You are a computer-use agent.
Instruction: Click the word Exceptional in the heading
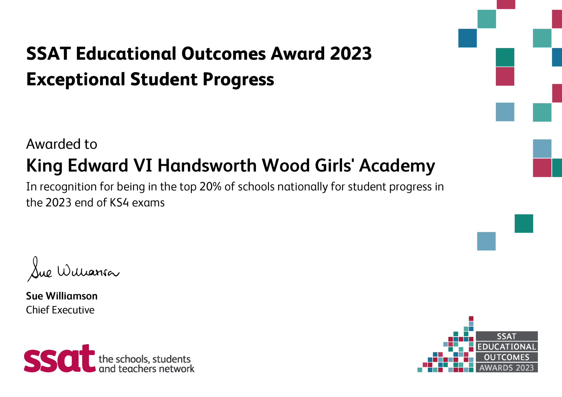coord(75,79)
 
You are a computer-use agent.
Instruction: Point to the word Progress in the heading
coord(238,79)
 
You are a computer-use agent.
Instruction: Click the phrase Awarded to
coord(61,144)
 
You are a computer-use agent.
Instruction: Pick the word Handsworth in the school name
coord(207,166)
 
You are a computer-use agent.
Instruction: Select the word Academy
coord(397,166)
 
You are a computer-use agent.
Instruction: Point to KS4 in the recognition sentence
coord(119,203)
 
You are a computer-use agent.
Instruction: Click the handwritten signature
coord(73,270)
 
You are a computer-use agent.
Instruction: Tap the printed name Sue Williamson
coord(62,296)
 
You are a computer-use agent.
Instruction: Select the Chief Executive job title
coord(60,310)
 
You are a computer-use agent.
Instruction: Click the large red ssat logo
coord(60,359)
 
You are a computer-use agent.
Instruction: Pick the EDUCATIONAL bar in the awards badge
coord(507,347)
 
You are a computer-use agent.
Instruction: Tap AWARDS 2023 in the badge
coord(507,368)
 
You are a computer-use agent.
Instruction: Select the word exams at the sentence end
coord(148,203)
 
